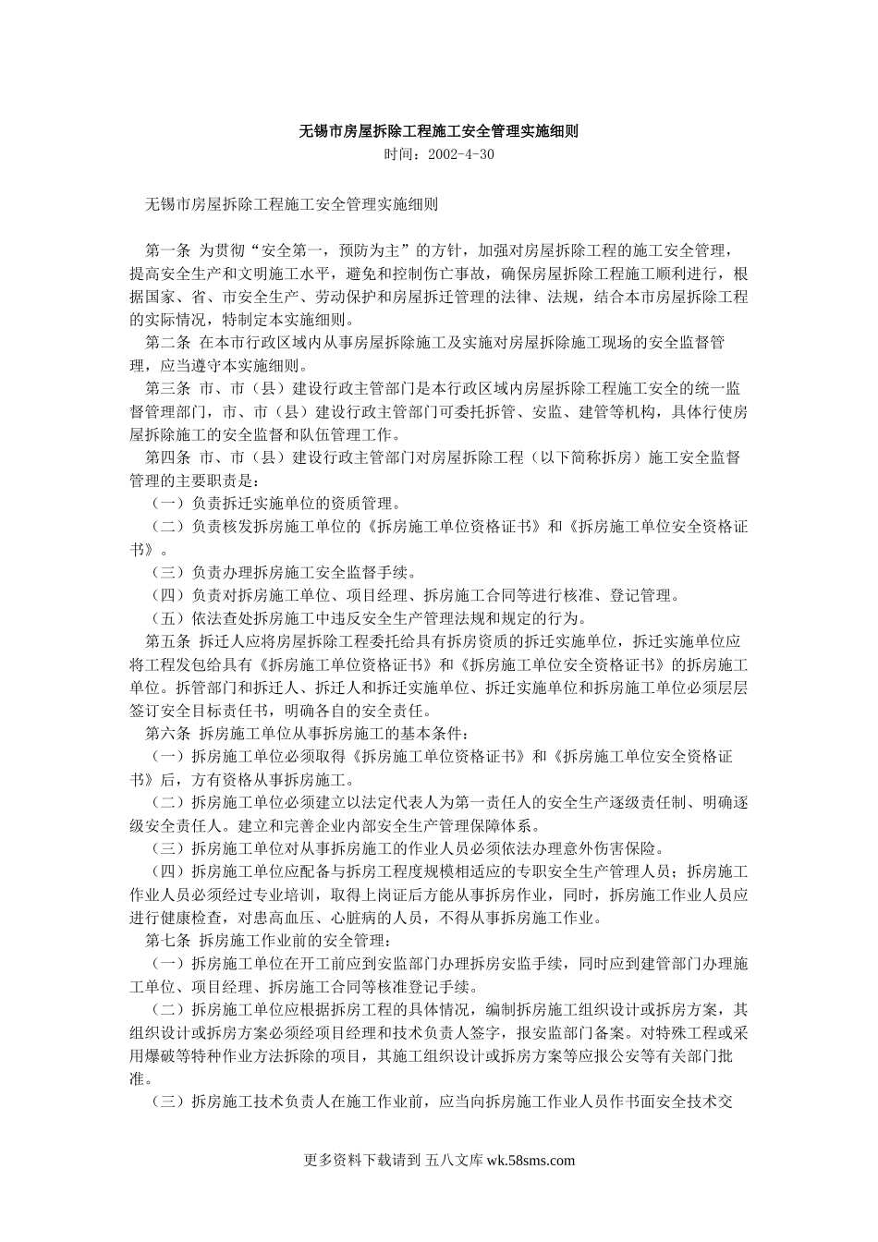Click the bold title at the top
(438, 131)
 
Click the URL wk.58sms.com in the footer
(530, 1162)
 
